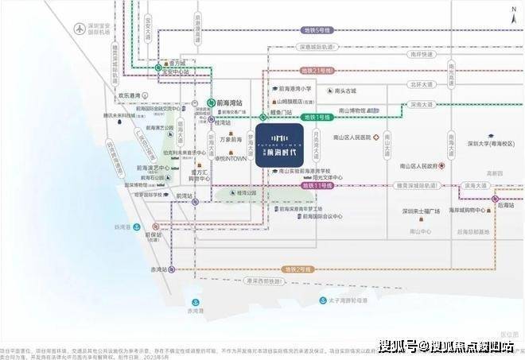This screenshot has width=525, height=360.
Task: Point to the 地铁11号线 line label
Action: [x=316, y=184]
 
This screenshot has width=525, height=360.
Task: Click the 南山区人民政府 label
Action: [x=419, y=166]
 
